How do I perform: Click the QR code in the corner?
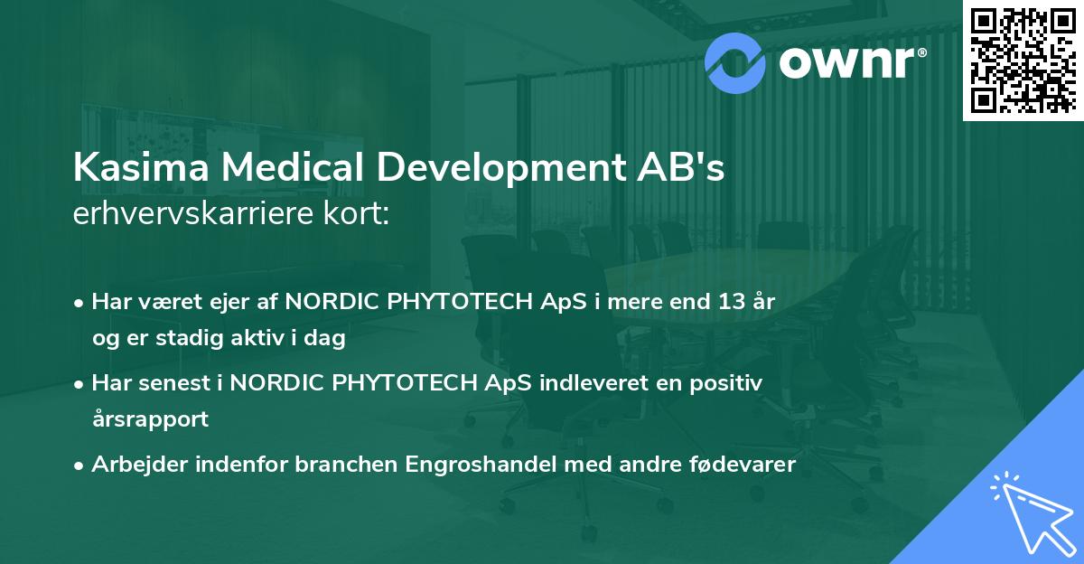[1023, 60]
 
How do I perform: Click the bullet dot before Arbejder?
[81, 465]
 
